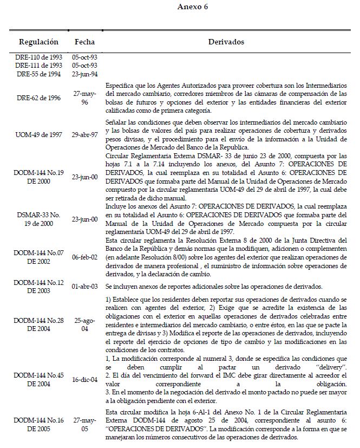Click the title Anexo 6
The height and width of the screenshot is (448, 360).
pos(193,7)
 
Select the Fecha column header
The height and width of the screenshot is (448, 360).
pos(84,42)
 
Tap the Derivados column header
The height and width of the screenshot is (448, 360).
pos(226,42)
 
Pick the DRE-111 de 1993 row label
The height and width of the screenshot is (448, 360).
pos(39,66)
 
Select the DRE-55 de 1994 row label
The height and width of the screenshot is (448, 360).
pos(39,74)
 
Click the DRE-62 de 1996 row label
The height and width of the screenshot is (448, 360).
pos(39,98)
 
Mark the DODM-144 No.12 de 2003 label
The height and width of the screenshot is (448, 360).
pos(39,287)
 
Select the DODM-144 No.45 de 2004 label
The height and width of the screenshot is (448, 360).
pos(39,382)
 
